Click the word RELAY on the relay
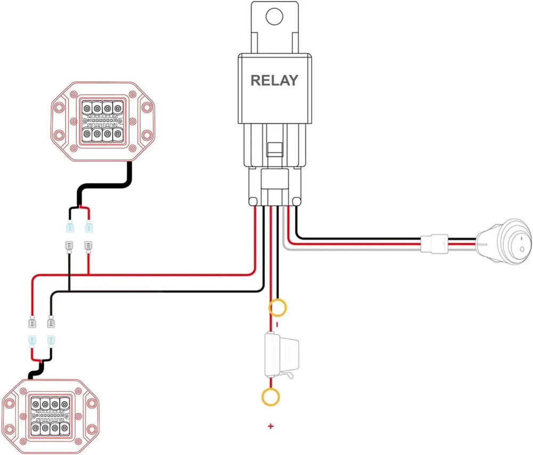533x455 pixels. [x=274, y=81]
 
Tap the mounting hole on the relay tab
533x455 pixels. [x=273, y=16]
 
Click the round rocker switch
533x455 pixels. [x=505, y=243]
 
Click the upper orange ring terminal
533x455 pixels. [x=278, y=308]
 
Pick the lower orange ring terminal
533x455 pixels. [x=271, y=396]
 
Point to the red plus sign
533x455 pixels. [x=271, y=426]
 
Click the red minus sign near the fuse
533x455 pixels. [x=277, y=324]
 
